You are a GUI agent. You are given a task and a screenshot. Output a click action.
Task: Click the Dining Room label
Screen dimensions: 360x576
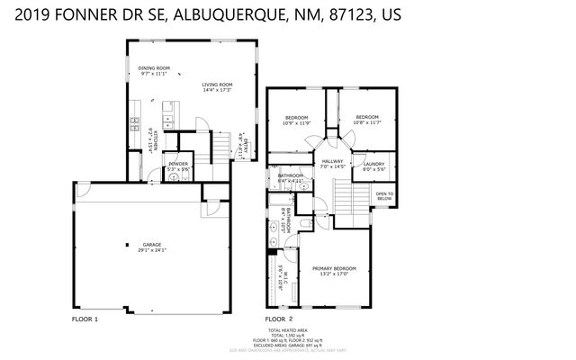(x=154, y=68)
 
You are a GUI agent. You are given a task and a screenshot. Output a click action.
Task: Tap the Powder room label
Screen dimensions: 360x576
(x=177, y=164)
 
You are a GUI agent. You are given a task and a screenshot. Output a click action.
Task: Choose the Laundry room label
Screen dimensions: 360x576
(x=373, y=164)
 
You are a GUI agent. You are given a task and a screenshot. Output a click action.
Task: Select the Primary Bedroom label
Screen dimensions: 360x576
(x=334, y=267)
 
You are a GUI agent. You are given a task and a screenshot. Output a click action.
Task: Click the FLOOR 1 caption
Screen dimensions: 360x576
(x=85, y=319)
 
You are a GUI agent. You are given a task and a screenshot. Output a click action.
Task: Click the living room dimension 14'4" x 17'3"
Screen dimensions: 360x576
(x=218, y=91)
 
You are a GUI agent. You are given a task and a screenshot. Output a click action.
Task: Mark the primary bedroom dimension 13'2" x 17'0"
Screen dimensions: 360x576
(x=334, y=274)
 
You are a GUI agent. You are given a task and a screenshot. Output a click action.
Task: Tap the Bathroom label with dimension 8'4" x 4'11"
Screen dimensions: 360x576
(x=290, y=175)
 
